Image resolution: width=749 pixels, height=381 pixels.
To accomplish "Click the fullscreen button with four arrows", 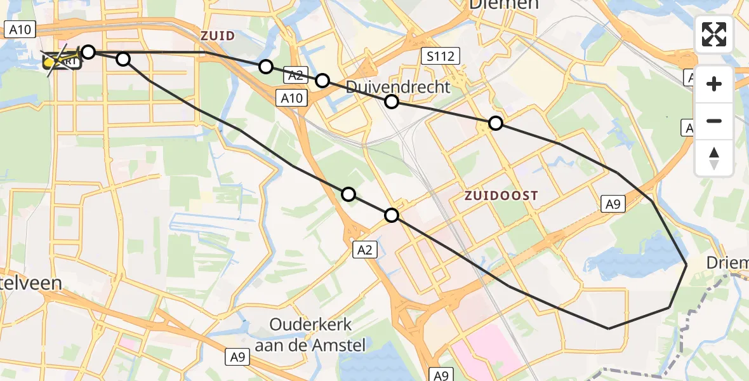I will [x=714, y=34].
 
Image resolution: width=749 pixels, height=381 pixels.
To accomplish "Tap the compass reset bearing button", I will [x=714, y=158].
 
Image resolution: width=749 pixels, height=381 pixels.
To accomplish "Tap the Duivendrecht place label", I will [x=398, y=87].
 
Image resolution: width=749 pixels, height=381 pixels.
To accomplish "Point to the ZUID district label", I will [x=218, y=36].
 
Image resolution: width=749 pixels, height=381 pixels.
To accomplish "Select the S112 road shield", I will [x=441, y=57].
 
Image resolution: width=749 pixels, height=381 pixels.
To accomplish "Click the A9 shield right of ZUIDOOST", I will [x=613, y=204].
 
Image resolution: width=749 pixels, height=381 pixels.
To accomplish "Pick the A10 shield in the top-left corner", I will [x=21, y=29].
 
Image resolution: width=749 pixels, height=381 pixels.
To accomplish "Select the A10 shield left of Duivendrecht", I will [x=293, y=98].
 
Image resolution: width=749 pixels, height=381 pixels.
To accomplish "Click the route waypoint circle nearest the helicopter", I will [x=88, y=51].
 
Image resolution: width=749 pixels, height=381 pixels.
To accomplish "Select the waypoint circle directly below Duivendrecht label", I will [x=392, y=102].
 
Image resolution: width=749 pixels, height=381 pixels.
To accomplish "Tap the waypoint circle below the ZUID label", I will [x=266, y=67].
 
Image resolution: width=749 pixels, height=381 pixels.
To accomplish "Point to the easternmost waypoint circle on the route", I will [x=495, y=123].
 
